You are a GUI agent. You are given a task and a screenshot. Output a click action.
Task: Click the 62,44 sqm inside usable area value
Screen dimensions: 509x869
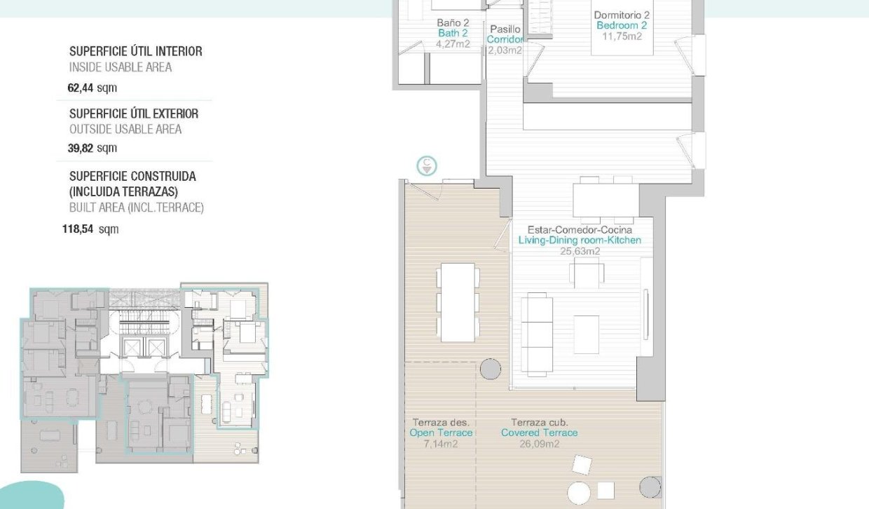click(92, 88)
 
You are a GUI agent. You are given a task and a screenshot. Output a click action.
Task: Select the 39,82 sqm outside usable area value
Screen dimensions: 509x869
click(92, 148)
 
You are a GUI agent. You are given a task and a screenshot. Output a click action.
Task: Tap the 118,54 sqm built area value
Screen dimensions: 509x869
click(90, 229)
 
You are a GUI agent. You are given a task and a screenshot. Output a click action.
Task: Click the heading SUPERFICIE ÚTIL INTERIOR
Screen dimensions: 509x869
click(135, 51)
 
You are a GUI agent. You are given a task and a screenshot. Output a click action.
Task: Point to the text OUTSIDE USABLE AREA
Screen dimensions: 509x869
click(125, 129)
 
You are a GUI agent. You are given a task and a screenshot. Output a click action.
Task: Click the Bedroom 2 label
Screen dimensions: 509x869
click(622, 26)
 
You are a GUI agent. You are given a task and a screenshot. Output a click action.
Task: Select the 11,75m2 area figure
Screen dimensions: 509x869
click(622, 36)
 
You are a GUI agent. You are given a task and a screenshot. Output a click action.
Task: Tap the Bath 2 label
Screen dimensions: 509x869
click(453, 33)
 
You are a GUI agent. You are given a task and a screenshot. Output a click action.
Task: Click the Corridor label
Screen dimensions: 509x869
click(505, 39)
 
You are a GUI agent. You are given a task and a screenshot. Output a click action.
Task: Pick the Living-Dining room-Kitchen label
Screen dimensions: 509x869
click(580, 240)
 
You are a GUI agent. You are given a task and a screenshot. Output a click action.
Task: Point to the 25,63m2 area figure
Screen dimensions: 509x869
click(580, 251)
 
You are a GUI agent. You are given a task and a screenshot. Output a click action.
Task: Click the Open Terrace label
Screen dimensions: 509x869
click(441, 433)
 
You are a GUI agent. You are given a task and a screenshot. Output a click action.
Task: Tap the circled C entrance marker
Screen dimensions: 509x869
click(427, 166)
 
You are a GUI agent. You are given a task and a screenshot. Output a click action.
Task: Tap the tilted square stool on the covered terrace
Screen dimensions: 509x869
click(582, 465)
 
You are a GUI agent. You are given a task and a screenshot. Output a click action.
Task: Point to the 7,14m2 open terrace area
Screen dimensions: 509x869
click(441, 443)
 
